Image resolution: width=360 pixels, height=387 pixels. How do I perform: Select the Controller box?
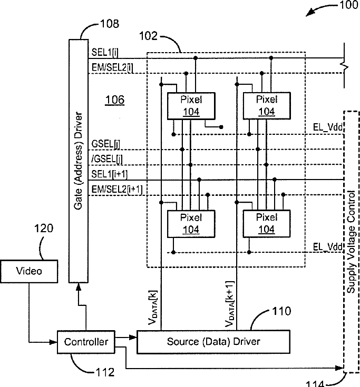click(85, 342)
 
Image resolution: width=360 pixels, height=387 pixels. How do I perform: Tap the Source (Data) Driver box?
click(213, 342)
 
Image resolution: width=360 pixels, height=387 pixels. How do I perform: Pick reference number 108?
click(109, 24)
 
